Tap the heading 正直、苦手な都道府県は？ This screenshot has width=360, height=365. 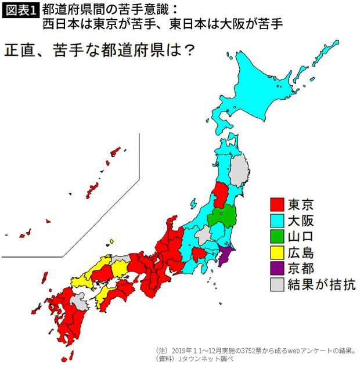click(99, 50)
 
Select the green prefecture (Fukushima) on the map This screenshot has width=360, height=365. click(224, 217)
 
